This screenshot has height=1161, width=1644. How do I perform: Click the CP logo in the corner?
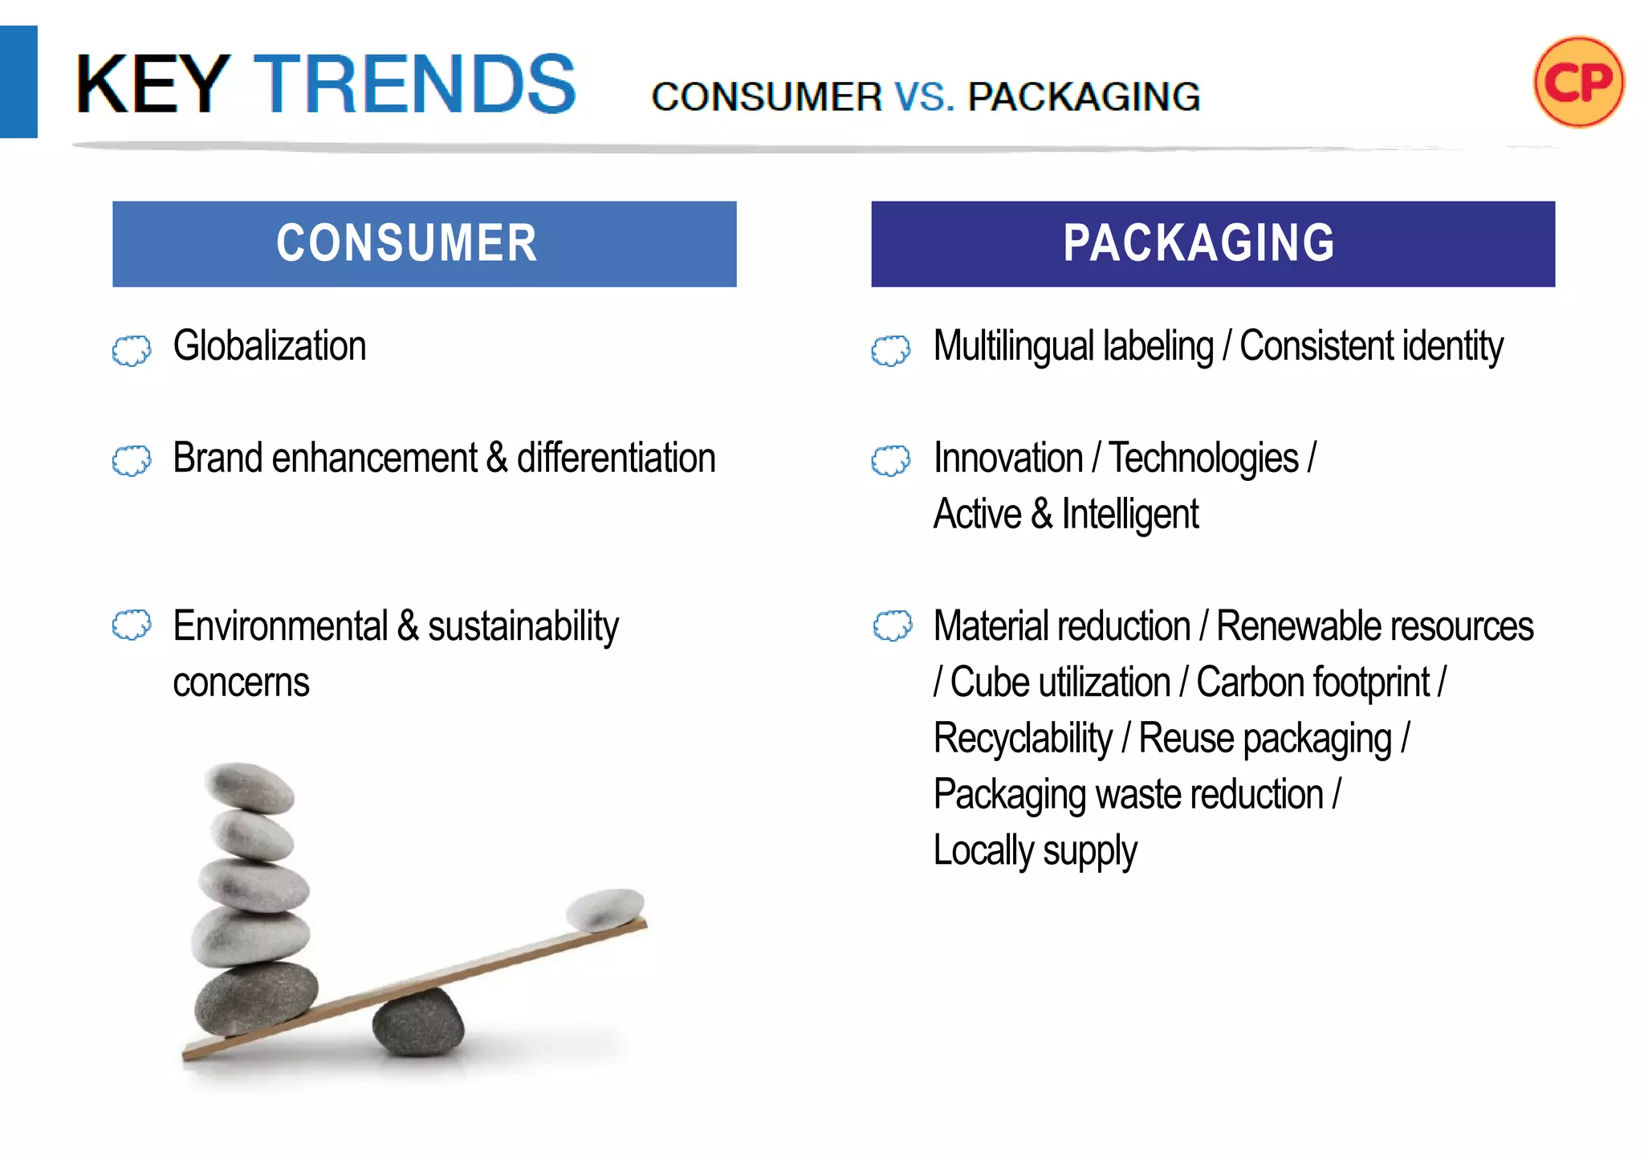coord(1578,82)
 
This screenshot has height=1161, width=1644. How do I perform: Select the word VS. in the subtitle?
coord(924,96)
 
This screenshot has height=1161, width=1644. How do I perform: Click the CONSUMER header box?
coord(424,243)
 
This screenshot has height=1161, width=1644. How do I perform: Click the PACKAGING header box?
coord(1212,243)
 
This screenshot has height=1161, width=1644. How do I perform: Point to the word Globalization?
coord(270,346)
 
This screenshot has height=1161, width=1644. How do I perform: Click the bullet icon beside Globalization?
coord(131,351)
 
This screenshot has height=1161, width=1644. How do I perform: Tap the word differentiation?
coord(616,458)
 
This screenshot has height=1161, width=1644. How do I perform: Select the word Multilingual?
coord(1072,347)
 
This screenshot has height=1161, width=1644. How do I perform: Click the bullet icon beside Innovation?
coord(890,461)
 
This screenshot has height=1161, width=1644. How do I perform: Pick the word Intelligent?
coord(1129,515)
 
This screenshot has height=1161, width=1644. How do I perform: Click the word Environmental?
coord(280,626)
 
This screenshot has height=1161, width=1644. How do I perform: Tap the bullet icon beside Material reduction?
coord(892,625)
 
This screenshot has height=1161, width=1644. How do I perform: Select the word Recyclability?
coord(1023,739)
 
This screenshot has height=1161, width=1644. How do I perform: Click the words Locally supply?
coord(1035,851)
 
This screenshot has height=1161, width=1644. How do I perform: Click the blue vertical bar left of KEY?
coord(18,82)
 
